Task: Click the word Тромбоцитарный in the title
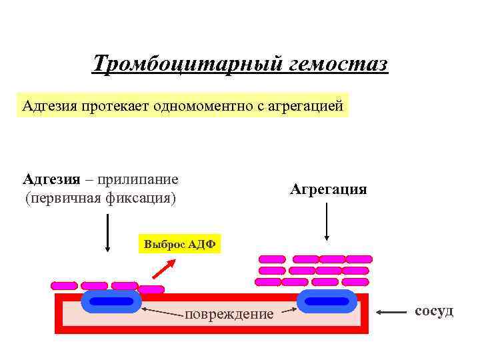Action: click(187, 65)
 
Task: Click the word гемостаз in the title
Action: click(339, 65)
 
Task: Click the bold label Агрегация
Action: click(328, 189)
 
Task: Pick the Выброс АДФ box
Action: click(179, 244)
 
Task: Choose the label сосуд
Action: click(434, 311)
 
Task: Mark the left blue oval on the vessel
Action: click(111, 301)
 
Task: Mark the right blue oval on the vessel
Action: click(327, 301)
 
